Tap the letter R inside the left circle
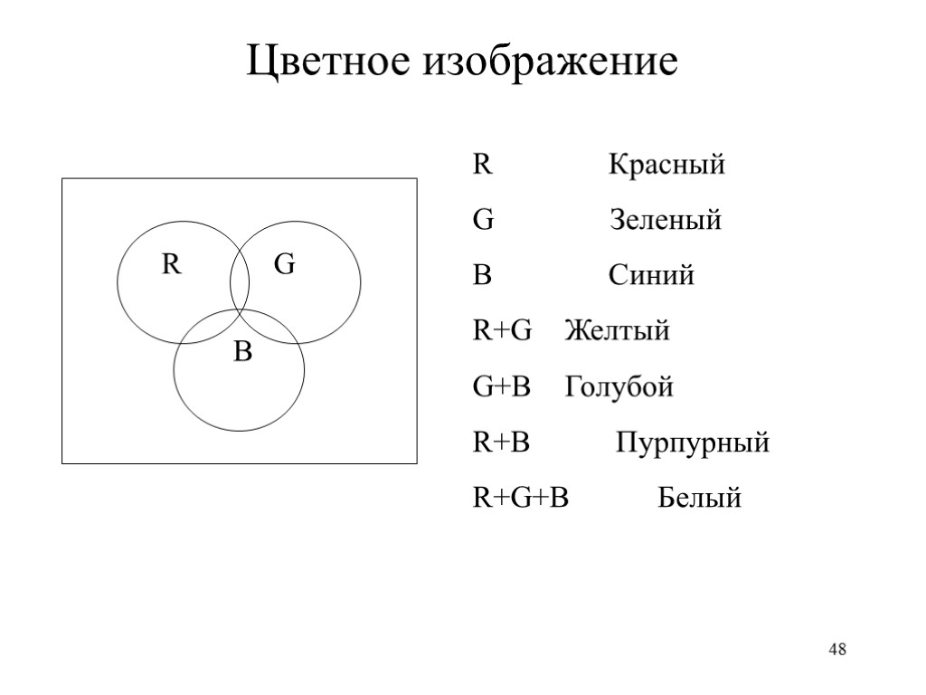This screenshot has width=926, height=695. pyautogui.click(x=171, y=265)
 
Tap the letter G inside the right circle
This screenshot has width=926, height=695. pyautogui.click(x=284, y=265)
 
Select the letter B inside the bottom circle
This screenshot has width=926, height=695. pyautogui.click(x=241, y=353)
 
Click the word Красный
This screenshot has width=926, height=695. pyautogui.click(x=666, y=166)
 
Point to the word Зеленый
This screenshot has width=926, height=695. pyautogui.click(x=666, y=221)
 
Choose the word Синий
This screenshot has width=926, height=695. pyautogui.click(x=651, y=276)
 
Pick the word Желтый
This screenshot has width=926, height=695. pyautogui.click(x=618, y=331)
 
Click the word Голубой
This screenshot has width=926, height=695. pyautogui.click(x=619, y=388)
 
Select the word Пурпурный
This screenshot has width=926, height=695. pyautogui.click(x=693, y=443)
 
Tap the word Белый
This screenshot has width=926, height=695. pyautogui.click(x=699, y=498)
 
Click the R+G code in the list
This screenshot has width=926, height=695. pyautogui.click(x=503, y=331)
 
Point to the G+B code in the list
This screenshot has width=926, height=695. pyautogui.click(x=502, y=387)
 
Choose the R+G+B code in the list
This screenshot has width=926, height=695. pyautogui.click(x=521, y=498)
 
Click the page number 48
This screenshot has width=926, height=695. pyautogui.click(x=838, y=650)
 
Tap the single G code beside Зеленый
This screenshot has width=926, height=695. pyautogui.click(x=483, y=221)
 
